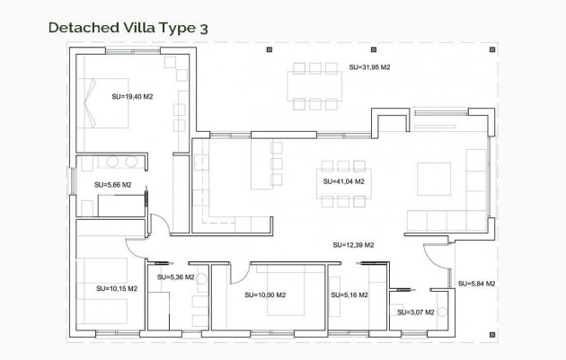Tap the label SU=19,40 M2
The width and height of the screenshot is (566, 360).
point(132,95)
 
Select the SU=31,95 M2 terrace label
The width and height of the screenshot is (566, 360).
point(369,67)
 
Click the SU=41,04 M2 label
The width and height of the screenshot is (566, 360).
point(343,181)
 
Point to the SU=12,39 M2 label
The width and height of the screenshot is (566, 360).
point(352,244)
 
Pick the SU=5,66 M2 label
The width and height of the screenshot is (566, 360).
point(112,185)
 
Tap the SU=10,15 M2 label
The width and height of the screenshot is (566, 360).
point(117,288)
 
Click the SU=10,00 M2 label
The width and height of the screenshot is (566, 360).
point(265,294)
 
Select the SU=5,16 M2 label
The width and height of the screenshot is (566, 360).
point(349,294)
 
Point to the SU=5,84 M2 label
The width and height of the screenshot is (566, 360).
point(476,284)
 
